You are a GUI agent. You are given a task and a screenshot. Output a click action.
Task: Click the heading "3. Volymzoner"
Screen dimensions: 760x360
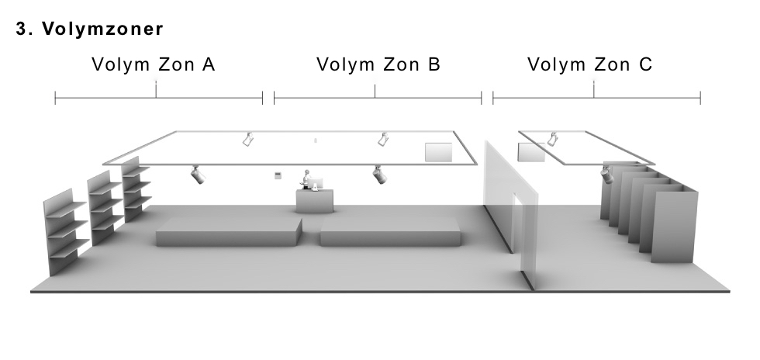(90, 29)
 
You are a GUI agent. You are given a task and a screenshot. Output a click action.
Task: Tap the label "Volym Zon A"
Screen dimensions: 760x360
(154, 64)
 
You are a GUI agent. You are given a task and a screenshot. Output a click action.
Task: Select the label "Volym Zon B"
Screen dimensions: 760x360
(378, 64)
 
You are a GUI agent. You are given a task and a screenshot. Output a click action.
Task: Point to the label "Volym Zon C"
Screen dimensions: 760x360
(590, 64)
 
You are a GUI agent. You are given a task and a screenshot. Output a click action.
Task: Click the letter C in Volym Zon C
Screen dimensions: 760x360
(645, 64)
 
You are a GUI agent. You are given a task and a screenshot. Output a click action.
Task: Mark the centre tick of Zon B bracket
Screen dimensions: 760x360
(375, 91)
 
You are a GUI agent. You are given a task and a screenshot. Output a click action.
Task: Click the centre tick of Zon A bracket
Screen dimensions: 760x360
(156, 90)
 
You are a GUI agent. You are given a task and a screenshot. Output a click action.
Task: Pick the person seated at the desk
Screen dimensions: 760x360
(306, 178)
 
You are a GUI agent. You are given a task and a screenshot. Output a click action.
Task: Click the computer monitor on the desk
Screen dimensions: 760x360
(316, 184)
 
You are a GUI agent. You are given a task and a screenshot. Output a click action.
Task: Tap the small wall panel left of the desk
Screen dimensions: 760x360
(278, 175)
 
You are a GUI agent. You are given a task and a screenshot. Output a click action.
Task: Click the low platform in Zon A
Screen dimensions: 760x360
(229, 232)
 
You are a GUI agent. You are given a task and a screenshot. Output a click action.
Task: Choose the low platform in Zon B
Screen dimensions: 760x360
(390, 232)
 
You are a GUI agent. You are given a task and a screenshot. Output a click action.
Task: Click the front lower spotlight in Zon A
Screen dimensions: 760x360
(197, 175)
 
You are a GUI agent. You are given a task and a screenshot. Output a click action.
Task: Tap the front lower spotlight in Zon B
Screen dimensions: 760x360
(379, 175)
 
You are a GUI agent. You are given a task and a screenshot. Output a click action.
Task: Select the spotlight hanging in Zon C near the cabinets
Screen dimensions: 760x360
(606, 175)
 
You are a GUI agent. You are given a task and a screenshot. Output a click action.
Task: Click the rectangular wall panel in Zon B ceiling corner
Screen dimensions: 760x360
(439, 152)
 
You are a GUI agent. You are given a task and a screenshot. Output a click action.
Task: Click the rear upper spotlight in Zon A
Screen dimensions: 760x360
(248, 139)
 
